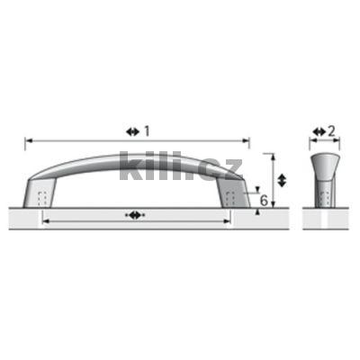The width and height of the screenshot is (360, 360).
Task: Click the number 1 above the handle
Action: pyautogui.click(x=147, y=131)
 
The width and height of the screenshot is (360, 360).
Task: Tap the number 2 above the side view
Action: pyautogui.click(x=331, y=131)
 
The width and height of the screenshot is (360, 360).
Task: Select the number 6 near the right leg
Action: pyautogui.click(x=263, y=200)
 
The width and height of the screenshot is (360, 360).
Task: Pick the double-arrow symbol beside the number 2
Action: pyautogui.click(x=318, y=131)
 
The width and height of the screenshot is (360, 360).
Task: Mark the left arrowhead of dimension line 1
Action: pyautogui.click(x=28, y=140)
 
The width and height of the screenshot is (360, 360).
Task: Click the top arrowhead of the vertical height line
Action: pyautogui.click(x=269, y=156)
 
